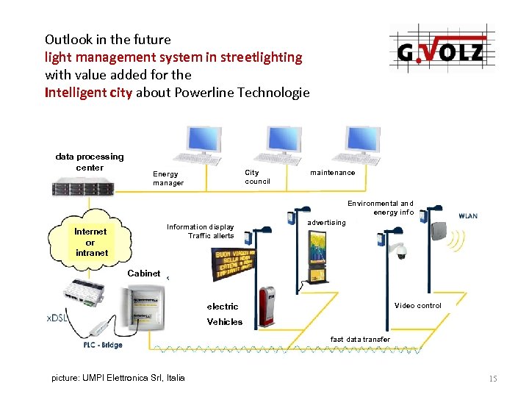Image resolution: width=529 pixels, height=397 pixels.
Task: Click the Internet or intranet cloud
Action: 90,242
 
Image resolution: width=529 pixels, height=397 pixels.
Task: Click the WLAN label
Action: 468,216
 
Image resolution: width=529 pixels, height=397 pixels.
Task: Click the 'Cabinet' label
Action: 143,273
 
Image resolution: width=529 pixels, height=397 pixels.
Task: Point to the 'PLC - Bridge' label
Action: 98,346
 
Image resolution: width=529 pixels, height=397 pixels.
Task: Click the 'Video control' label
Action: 417,306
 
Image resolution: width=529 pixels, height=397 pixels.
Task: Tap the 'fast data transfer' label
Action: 360,339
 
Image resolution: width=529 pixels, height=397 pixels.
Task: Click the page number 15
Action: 492,379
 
